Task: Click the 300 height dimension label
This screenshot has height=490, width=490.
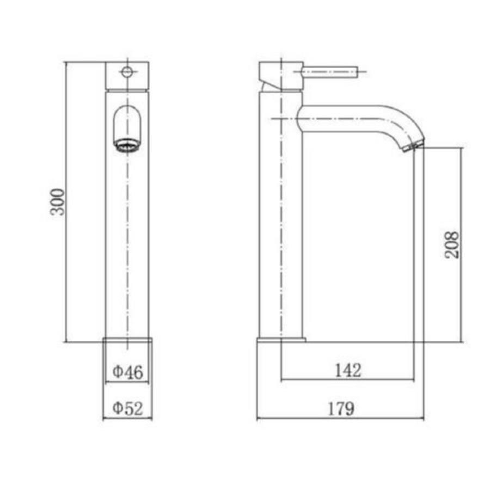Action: [x=58, y=202]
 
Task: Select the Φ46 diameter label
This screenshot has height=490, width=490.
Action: [x=128, y=372]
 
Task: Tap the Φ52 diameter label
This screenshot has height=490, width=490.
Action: [x=128, y=408]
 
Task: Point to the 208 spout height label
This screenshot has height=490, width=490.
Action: [x=452, y=245]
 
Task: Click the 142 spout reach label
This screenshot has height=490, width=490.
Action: [x=347, y=370]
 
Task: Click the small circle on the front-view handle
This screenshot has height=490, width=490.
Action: [x=127, y=71]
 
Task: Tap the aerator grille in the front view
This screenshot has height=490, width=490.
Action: [x=127, y=145]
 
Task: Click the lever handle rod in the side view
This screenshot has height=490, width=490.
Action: [x=329, y=71]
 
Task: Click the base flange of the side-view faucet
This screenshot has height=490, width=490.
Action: [x=281, y=340]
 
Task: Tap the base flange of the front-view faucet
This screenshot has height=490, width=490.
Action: [x=127, y=340]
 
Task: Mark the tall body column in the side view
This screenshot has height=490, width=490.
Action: [x=280, y=218]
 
